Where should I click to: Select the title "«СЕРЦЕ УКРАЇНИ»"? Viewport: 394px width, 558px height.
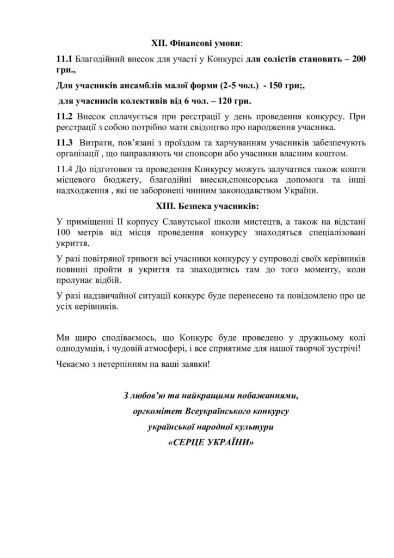[x=212, y=442]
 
